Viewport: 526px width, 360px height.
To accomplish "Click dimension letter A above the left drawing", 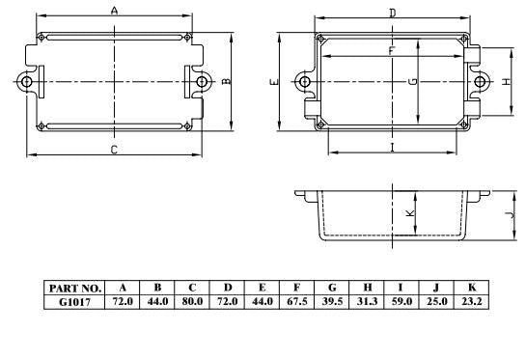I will pos(114,11).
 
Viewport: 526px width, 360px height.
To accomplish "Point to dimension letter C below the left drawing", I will pos(113,150).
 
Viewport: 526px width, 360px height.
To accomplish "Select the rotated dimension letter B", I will pos(225,82).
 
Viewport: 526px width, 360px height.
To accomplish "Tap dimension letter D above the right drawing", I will pos(392,13).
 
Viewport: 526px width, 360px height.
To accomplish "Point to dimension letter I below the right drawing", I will pos(392,147).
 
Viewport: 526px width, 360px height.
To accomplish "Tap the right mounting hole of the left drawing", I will pos(202,82).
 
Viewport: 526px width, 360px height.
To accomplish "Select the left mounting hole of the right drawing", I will pos(306,82).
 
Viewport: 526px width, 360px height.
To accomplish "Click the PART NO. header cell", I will pos(73,288).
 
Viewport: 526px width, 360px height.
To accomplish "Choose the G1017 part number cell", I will pos(73,301).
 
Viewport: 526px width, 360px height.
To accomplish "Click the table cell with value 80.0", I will pos(192,301).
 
